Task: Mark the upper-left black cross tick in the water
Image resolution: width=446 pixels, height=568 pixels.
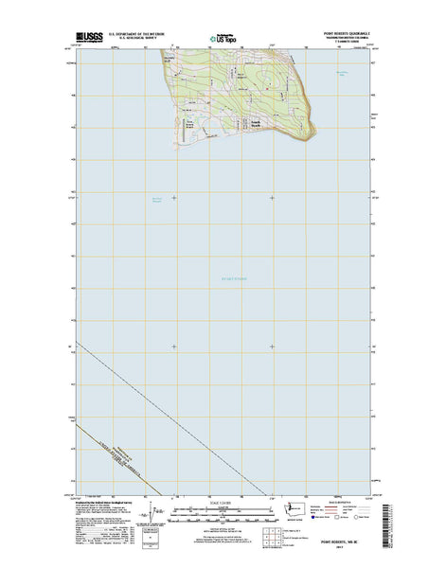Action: point(174,197)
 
